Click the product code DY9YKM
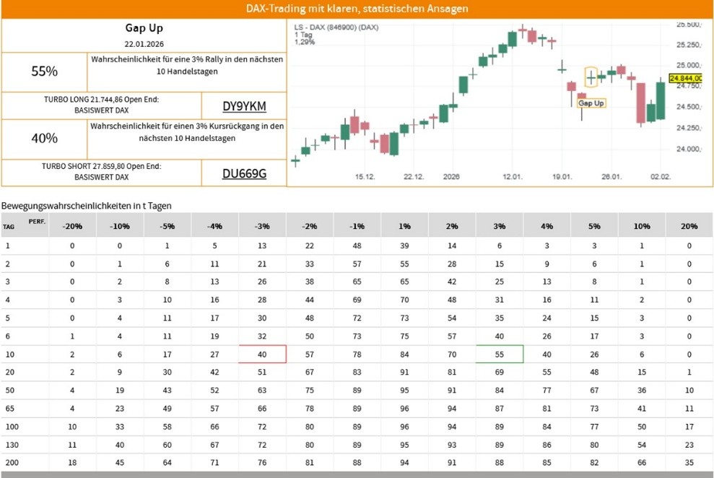[x=244, y=106]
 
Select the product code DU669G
[x=244, y=173]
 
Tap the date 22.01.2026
[x=144, y=44]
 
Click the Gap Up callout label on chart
[x=591, y=103]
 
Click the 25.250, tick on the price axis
[x=689, y=45]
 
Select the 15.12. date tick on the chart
[x=365, y=177]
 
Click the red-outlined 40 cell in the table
[x=262, y=354]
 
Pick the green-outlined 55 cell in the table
[x=500, y=354]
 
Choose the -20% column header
[x=72, y=226]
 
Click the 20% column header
[x=689, y=226]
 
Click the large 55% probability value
[x=45, y=71]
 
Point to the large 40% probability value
[x=45, y=138]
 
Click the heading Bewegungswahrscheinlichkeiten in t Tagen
[x=87, y=206]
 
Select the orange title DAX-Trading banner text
[x=357, y=9]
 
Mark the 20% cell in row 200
[x=689, y=462]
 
